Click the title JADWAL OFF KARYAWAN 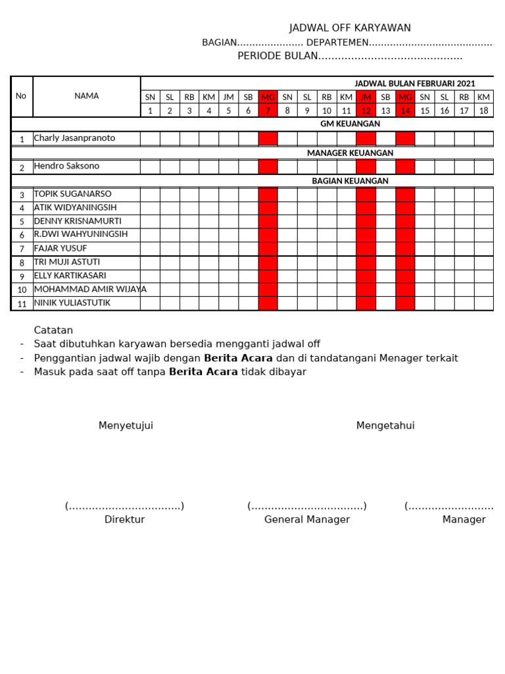(x=350, y=28)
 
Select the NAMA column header (x=86, y=96)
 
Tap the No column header (x=21, y=96)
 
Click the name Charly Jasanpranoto (x=74, y=138)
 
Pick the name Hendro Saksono (x=66, y=166)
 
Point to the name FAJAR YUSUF (x=60, y=248)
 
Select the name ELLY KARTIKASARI (x=70, y=276)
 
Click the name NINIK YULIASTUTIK (x=72, y=303)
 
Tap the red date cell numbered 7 (x=268, y=111)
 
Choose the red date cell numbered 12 (x=366, y=111)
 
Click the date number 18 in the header (x=483, y=111)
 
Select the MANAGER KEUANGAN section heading (x=350, y=153)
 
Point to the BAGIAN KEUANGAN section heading (x=350, y=180)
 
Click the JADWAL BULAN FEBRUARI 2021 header (x=414, y=84)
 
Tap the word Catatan (x=53, y=330)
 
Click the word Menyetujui (x=126, y=425)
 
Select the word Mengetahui (x=385, y=425)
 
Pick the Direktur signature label (x=124, y=519)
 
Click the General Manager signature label (x=307, y=519)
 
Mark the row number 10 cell (x=22, y=290)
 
